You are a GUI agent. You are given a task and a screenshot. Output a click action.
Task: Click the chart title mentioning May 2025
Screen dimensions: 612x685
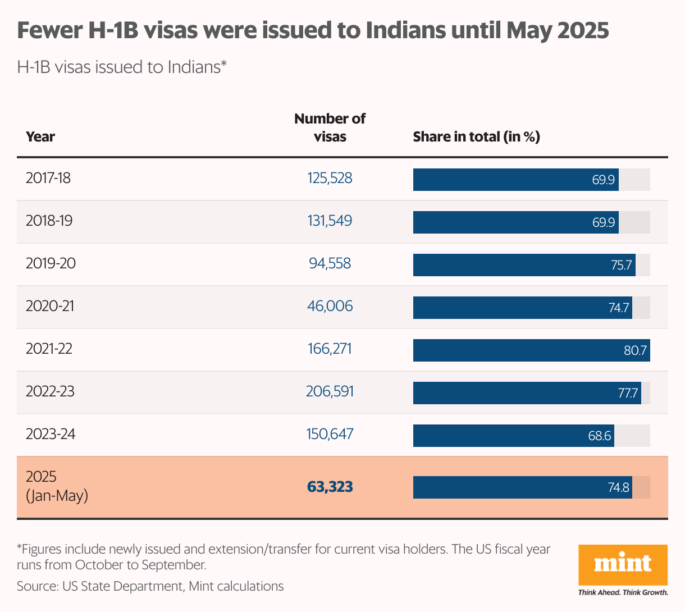(313, 30)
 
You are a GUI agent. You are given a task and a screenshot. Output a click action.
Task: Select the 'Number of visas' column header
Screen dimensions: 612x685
(330, 127)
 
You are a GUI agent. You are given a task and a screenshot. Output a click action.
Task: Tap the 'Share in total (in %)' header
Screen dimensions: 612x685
(476, 137)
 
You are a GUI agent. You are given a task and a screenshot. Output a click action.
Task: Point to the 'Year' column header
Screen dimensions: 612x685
(40, 137)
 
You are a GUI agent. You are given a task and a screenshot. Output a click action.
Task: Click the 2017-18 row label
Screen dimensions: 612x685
(48, 179)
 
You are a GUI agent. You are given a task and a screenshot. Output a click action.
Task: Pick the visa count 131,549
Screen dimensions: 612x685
(330, 221)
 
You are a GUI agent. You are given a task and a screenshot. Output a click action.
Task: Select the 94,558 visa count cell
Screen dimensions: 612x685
(330, 263)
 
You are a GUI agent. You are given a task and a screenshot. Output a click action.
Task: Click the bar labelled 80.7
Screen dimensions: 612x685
(531, 350)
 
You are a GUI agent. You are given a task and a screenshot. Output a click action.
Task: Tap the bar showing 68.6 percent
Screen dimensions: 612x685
(513, 436)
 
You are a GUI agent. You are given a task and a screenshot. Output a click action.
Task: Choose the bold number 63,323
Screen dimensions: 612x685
(330, 487)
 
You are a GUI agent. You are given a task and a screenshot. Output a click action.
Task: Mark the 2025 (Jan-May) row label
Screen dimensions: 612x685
(57, 486)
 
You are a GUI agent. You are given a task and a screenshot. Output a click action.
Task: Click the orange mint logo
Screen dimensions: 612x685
(623, 564)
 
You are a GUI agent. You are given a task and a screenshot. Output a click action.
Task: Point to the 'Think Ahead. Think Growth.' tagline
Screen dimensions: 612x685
(623, 592)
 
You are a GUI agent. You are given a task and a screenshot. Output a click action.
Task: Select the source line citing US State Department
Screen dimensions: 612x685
(150, 587)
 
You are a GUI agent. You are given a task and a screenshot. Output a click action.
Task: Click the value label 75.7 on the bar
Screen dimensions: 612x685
(621, 265)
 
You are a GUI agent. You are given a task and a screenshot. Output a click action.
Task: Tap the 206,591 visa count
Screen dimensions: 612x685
(330, 391)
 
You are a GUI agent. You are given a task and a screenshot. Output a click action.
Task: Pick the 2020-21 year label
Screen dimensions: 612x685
(50, 306)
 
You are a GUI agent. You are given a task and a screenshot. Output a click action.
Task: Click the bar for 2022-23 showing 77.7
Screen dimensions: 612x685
(527, 393)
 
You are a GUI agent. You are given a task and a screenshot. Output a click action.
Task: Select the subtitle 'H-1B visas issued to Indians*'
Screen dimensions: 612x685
(122, 67)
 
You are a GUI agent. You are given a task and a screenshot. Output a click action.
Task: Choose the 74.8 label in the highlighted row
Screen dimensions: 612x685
(618, 487)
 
